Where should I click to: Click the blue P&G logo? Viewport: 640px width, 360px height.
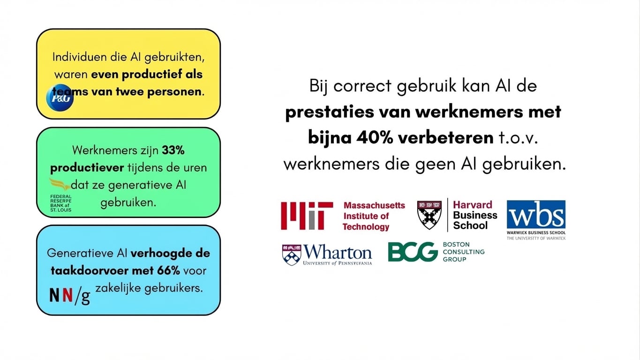[60, 98]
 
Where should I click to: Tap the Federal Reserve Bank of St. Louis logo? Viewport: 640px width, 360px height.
[61, 195]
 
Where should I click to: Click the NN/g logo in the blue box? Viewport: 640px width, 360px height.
[69, 295]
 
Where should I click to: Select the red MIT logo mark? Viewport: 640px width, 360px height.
[307, 216]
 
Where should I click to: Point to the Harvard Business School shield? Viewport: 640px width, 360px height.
[429, 214]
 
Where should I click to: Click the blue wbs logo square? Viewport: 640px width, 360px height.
[536, 214]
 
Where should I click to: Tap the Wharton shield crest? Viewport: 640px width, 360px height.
[291, 255]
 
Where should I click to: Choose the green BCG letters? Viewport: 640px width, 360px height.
[413, 252]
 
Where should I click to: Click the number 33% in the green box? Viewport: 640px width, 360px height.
[173, 150]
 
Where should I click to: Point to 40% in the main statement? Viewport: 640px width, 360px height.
[373, 138]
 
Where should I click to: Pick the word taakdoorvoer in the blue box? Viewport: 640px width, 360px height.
[87, 270]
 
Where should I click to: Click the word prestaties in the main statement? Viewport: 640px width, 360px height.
[324, 112]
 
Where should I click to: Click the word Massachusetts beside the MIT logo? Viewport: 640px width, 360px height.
[374, 205]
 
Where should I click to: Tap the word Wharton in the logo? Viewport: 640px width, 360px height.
[338, 253]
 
